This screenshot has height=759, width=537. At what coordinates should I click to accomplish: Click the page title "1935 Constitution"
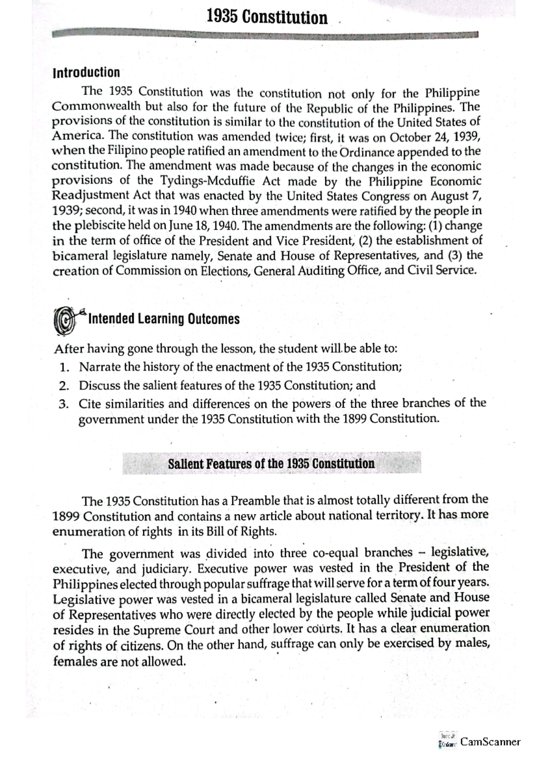[267, 18]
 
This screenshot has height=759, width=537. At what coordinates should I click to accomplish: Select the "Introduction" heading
[86, 72]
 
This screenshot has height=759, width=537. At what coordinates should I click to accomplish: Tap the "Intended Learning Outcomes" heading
[164, 319]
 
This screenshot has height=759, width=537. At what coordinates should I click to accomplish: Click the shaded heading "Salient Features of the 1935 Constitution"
[271, 464]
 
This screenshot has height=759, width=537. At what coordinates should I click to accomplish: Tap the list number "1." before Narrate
[64, 367]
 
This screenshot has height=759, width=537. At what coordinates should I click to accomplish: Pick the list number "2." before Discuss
[64, 385]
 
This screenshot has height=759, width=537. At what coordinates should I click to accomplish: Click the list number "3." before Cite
[64, 404]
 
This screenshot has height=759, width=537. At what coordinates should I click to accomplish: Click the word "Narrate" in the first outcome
[100, 367]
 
